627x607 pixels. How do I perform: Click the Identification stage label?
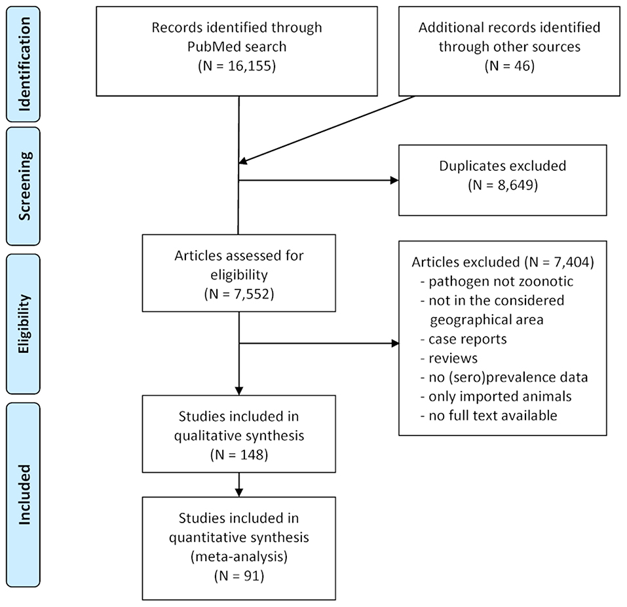point(24,64)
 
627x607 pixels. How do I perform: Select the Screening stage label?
point(24,186)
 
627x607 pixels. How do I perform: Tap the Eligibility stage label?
point(24,323)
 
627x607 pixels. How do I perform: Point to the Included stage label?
point(24,495)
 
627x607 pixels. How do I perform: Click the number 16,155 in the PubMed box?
point(250,65)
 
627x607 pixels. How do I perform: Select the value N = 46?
point(510,65)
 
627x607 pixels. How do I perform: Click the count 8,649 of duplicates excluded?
point(515,185)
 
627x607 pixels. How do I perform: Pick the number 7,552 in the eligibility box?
point(252,294)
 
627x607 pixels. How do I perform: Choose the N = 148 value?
point(239,454)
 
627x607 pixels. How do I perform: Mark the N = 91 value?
point(239,576)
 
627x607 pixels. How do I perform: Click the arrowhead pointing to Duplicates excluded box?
point(394,180)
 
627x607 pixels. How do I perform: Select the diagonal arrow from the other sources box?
point(327,130)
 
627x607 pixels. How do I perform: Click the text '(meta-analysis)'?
point(239,557)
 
